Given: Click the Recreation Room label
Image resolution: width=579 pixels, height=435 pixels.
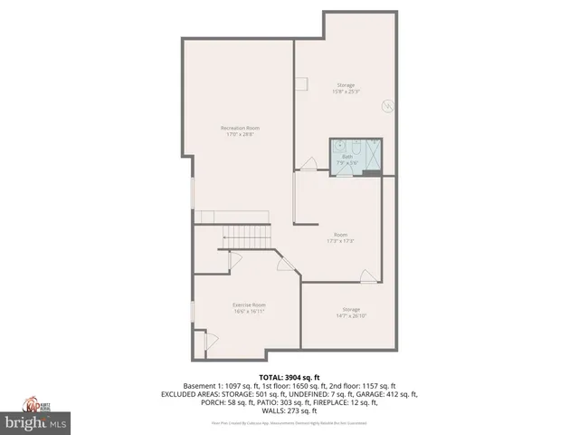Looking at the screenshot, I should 240,128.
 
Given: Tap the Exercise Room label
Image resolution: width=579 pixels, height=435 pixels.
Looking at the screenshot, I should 249,304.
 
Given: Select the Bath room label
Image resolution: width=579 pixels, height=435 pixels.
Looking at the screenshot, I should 346,156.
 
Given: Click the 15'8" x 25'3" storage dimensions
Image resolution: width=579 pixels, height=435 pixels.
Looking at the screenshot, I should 346,92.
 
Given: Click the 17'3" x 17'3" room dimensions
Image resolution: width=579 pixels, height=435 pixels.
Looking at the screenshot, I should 340,241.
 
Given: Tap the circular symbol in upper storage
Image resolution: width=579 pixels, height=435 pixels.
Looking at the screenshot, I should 388,106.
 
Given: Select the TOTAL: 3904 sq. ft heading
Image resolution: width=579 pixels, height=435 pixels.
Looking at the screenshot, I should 289,377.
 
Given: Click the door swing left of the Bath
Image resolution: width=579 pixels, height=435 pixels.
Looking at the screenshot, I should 308,164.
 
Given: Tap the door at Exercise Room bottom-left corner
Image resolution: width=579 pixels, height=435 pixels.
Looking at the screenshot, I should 210,343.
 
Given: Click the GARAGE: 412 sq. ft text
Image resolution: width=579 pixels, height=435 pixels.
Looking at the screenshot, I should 392,394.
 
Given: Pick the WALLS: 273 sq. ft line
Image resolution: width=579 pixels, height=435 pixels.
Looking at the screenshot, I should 289,411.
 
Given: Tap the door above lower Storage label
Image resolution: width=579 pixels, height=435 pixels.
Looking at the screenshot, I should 367,275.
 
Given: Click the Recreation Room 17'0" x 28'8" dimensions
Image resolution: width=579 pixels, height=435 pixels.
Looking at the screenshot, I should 240,135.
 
